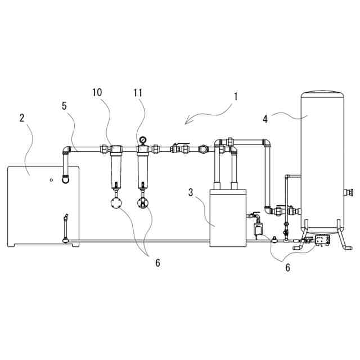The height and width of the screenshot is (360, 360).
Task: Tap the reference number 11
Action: pyautogui.click(x=139, y=92)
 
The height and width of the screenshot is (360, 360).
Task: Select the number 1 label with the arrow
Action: pyautogui.click(x=236, y=96)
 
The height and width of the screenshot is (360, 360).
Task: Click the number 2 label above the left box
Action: pyautogui.click(x=22, y=118)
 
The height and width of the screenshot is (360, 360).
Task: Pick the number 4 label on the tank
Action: pyautogui.click(x=264, y=119)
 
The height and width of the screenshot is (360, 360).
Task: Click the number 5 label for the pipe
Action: pyautogui.click(x=65, y=105)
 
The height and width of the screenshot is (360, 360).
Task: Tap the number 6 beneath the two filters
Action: pyautogui.click(x=158, y=263)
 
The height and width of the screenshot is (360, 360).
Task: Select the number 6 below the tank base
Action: pyautogui.click(x=287, y=268)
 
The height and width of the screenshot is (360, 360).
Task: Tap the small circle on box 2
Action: pyautogui.click(x=51, y=180)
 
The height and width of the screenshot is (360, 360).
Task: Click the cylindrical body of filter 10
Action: pyautogui.click(x=116, y=169)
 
